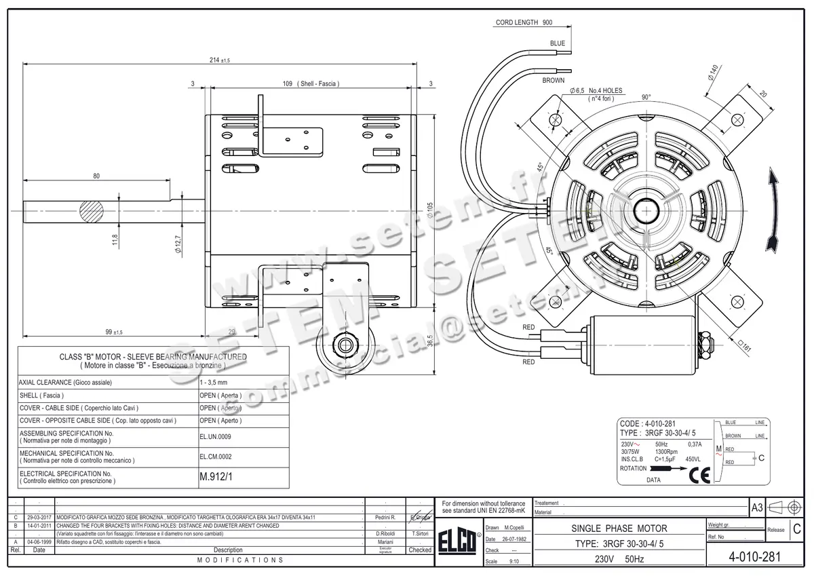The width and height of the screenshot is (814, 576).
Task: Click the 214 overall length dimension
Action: tap(220, 60)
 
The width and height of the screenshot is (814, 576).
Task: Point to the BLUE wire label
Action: tap(557, 43)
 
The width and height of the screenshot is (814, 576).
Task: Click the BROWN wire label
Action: tap(553, 80)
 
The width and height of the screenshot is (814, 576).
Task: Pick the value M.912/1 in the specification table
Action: tap(216, 477)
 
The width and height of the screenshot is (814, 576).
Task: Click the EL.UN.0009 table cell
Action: tap(215, 436)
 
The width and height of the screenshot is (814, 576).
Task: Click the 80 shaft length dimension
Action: tap(96, 176)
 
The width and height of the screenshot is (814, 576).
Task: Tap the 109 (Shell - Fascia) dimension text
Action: tap(311, 83)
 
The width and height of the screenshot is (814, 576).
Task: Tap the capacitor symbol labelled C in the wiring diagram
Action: tap(754, 458)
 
